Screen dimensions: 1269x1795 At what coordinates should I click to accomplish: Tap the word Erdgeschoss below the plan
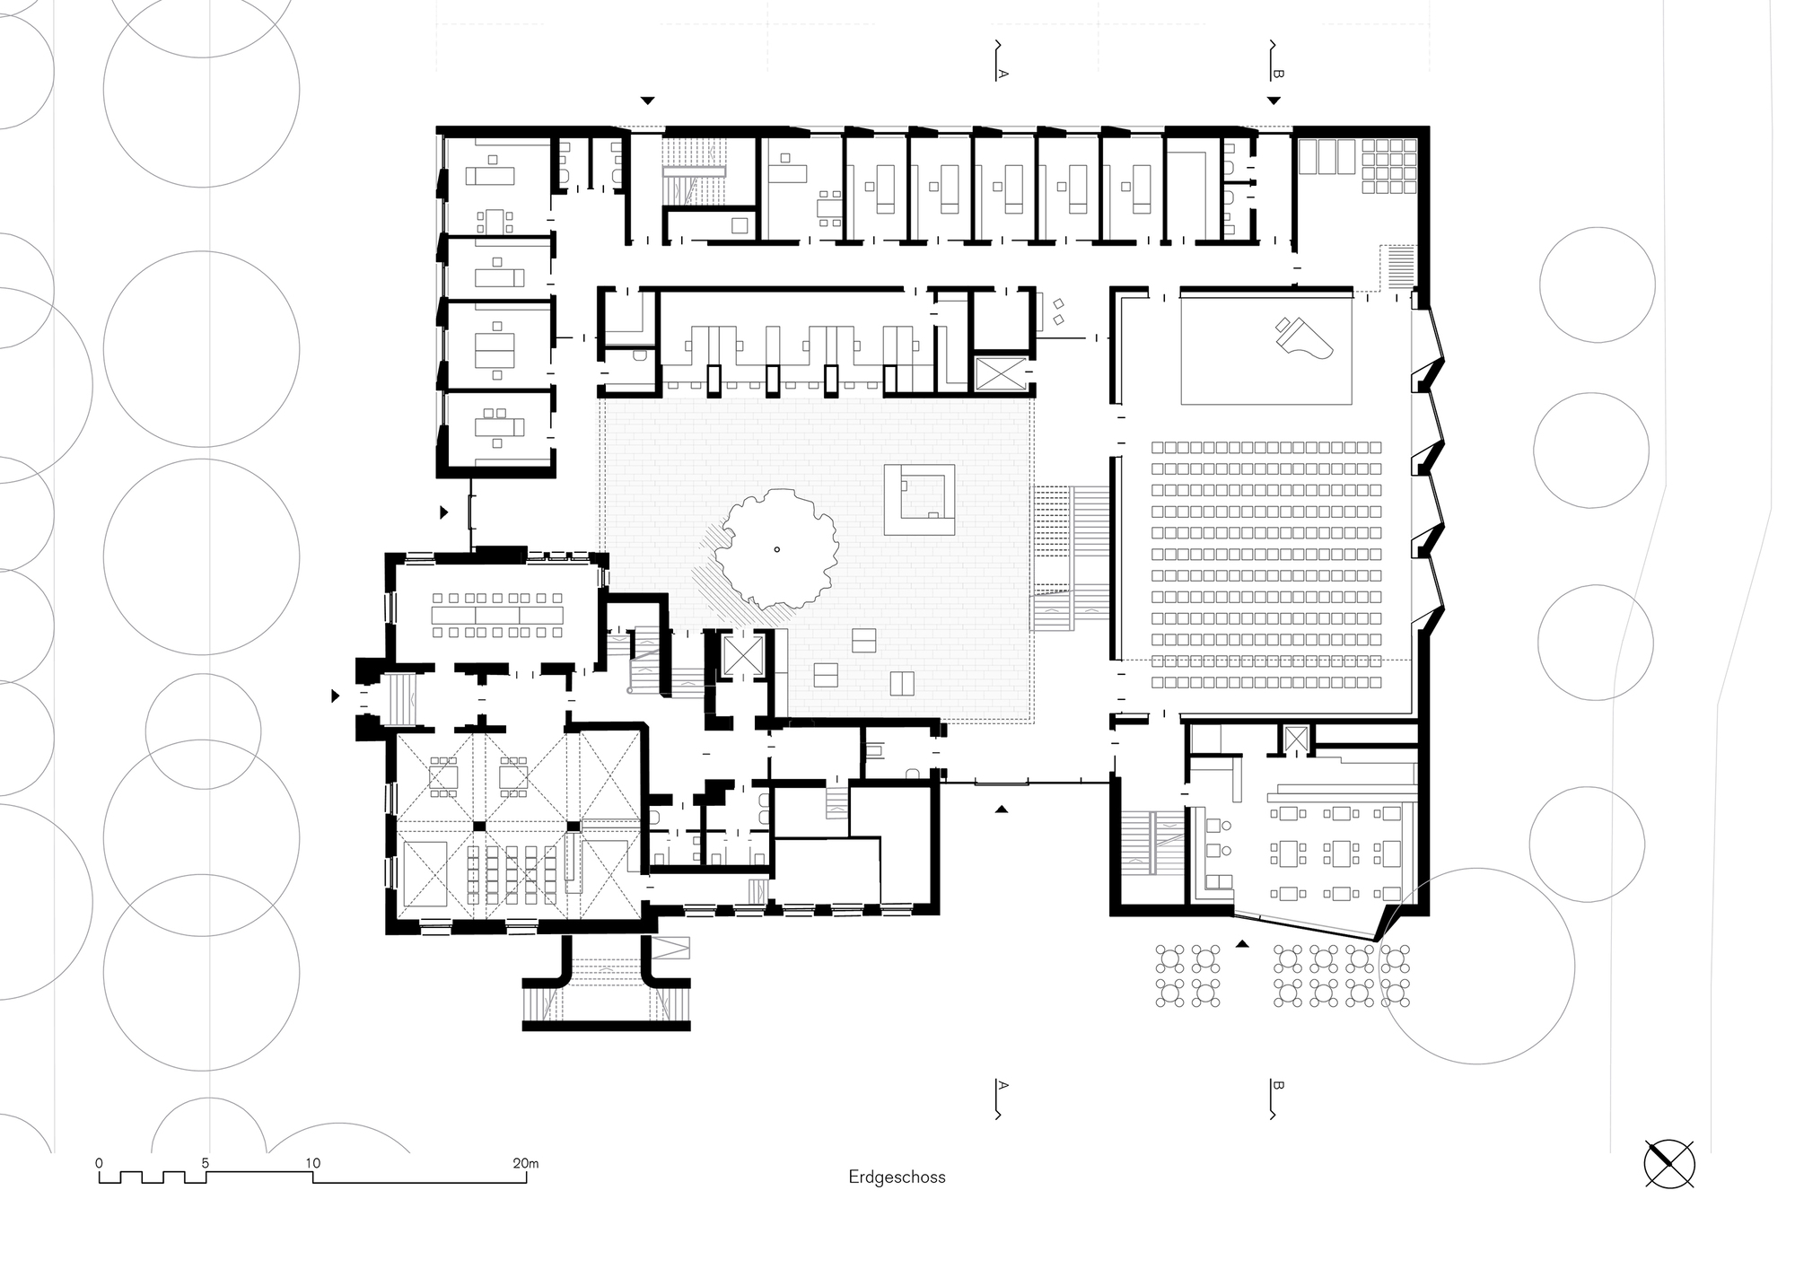coord(897,1177)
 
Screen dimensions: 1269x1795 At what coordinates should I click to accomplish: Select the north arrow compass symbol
coord(1669,1164)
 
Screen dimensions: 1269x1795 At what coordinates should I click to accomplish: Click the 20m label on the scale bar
coord(526,1163)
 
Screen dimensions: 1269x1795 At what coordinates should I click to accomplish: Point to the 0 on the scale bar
coord(100,1163)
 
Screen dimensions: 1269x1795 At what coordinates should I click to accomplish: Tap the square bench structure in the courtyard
coord(918,500)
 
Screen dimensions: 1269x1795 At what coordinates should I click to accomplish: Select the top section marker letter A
coord(1003,74)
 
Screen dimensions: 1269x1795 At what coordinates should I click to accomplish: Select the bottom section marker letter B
coord(1278,1086)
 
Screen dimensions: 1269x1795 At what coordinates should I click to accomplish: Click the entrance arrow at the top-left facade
coord(647,100)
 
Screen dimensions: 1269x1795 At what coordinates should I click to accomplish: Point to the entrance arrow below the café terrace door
coord(1242,944)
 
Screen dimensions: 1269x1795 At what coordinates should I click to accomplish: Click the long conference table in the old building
coord(497,616)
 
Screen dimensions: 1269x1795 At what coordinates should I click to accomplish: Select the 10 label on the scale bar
coord(312,1163)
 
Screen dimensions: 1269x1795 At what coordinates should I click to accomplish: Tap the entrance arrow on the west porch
coord(336,696)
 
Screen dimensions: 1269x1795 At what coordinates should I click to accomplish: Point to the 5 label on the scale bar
coord(206,1163)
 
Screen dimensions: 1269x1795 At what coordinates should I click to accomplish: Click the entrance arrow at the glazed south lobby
coord(1002,810)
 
